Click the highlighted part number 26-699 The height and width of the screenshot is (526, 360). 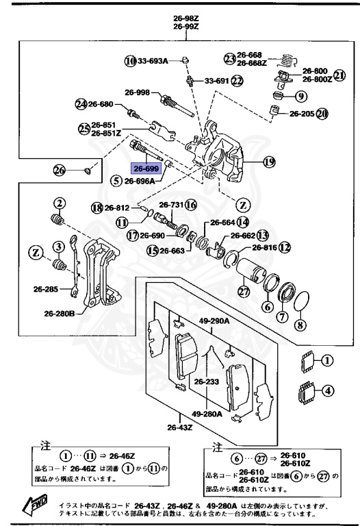pyautogui.click(x=146, y=168)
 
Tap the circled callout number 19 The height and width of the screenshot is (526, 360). pyautogui.click(x=269, y=162)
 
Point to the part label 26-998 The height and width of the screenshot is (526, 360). pyautogui.click(x=137, y=92)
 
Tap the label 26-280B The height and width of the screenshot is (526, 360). pyautogui.click(x=60, y=314)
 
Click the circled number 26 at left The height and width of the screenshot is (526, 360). pyautogui.click(x=59, y=170)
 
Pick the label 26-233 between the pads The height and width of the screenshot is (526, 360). pyautogui.click(x=205, y=381)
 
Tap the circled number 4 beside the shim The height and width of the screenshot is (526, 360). pyautogui.click(x=329, y=392)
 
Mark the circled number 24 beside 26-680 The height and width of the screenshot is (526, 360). pyautogui.click(x=81, y=104)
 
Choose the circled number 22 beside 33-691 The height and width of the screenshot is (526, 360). pyautogui.click(x=237, y=81)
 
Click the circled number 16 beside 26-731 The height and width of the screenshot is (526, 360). pyautogui.click(x=191, y=205)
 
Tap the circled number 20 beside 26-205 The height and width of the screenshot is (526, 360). pyautogui.click(x=322, y=114)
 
